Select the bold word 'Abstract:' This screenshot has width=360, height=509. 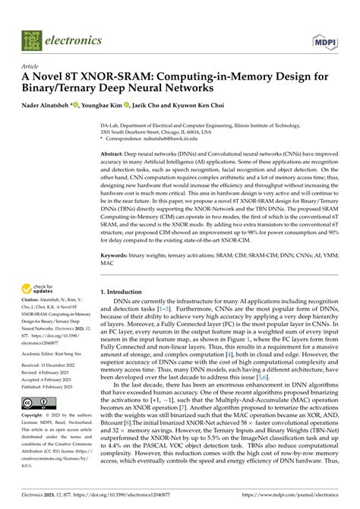(x=115, y=152)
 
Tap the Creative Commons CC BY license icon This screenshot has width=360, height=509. (x=36, y=381)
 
